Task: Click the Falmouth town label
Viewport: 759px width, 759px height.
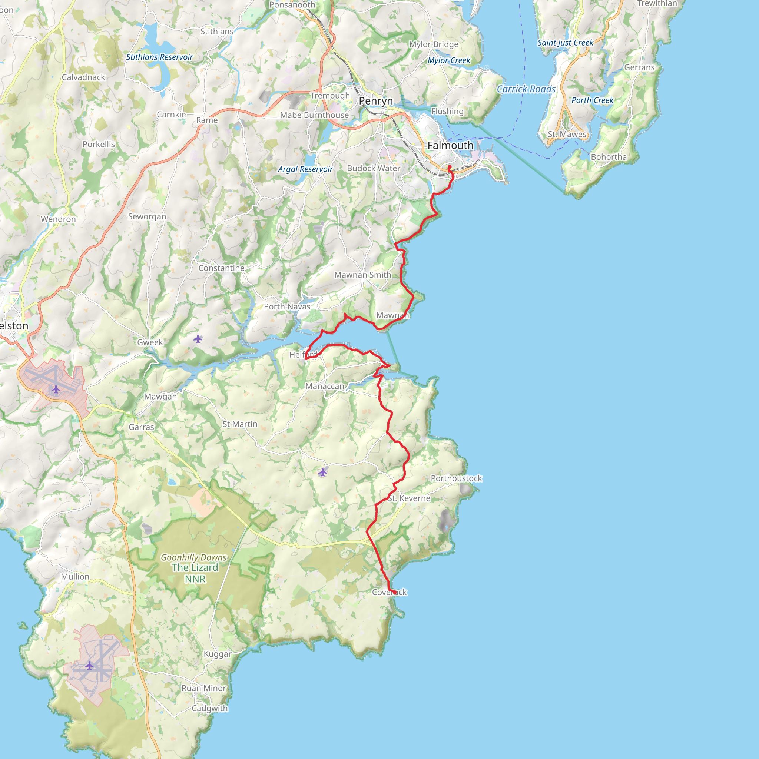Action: pyautogui.click(x=450, y=145)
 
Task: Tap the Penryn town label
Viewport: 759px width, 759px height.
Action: pyautogui.click(x=375, y=101)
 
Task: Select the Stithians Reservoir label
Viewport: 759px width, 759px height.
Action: pyautogui.click(x=159, y=57)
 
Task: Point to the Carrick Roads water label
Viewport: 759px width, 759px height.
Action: pyautogui.click(x=526, y=89)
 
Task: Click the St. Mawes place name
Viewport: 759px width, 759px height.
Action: pyautogui.click(x=567, y=135)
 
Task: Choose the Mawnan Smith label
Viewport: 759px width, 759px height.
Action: pyautogui.click(x=362, y=275)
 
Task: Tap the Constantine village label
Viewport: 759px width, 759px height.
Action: pyautogui.click(x=221, y=268)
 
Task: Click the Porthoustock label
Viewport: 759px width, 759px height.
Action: pyautogui.click(x=456, y=478)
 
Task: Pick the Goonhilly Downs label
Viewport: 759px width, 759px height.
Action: pyautogui.click(x=194, y=557)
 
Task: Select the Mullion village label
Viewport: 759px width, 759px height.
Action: pyautogui.click(x=75, y=576)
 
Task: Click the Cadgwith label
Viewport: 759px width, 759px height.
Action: pyautogui.click(x=210, y=708)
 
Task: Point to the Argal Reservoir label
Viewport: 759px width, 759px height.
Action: pyautogui.click(x=305, y=169)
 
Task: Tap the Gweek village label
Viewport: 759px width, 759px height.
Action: pyautogui.click(x=150, y=342)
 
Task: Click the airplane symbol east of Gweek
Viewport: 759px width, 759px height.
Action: pyautogui.click(x=198, y=338)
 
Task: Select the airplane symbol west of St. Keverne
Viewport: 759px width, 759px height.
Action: pyautogui.click(x=322, y=472)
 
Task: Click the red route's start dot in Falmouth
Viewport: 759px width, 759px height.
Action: pyautogui.click(x=449, y=167)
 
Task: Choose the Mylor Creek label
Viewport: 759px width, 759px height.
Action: pyautogui.click(x=449, y=60)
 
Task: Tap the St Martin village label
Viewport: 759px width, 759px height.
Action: pyautogui.click(x=240, y=424)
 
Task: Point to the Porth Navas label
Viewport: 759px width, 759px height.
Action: pyautogui.click(x=287, y=306)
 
